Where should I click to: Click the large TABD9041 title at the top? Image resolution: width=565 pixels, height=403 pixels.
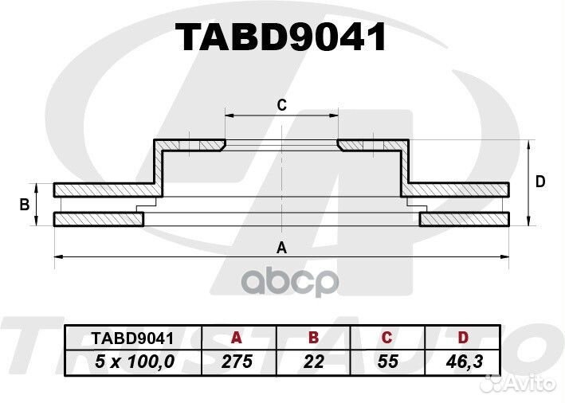pyautogui.click(x=281, y=37)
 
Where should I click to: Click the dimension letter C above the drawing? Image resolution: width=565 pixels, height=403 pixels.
pyautogui.click(x=282, y=105)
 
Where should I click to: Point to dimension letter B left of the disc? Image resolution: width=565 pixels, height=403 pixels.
pyautogui.click(x=25, y=205)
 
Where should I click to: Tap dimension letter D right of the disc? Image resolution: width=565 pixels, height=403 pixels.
pyautogui.click(x=540, y=182)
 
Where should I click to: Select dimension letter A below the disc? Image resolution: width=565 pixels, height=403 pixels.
pyautogui.click(x=281, y=248)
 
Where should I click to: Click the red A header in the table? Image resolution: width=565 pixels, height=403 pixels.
pyautogui.click(x=236, y=338)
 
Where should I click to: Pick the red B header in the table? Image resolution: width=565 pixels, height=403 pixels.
pyautogui.click(x=313, y=338)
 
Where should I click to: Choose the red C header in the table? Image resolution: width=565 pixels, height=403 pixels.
pyautogui.click(x=386, y=338)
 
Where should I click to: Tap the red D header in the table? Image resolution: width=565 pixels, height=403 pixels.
pyautogui.click(x=463, y=338)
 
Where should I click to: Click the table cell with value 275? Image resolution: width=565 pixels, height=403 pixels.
pyautogui.click(x=237, y=362)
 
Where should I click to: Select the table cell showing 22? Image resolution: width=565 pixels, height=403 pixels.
pyautogui.click(x=313, y=362)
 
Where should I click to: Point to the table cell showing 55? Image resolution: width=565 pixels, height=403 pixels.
pyautogui.click(x=388, y=362)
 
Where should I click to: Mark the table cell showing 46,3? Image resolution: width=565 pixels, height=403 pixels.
pyautogui.click(x=464, y=362)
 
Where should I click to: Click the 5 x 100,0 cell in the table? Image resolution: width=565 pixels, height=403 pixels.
pyautogui.click(x=135, y=362)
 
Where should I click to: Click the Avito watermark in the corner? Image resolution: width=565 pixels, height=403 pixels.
pyautogui.click(x=520, y=384)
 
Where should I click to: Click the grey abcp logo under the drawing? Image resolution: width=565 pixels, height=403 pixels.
pyautogui.click(x=290, y=283)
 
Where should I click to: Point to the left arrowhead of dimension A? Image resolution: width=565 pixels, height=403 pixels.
pyautogui.click(x=57, y=256)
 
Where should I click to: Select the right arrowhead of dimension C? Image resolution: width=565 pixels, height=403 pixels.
pyautogui.click(x=335, y=115)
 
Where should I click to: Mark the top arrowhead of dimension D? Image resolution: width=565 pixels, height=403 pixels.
pyautogui.click(x=528, y=143)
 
